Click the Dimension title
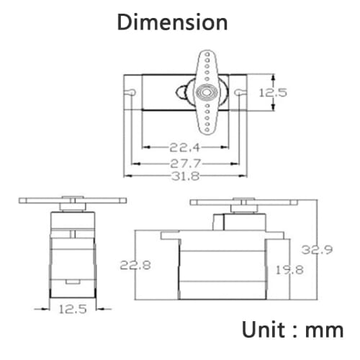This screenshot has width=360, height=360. point(172,22)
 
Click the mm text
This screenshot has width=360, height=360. point(324,331)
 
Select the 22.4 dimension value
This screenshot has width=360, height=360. point(184,148)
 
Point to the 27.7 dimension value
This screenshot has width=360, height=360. point(185,163)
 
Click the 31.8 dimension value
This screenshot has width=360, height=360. point(186,176)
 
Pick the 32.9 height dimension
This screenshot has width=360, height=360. point(317,250)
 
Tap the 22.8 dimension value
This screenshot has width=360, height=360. point(135,265)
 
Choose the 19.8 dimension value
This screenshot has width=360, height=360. point(289,270)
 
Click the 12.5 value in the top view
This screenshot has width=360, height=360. point(273,93)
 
